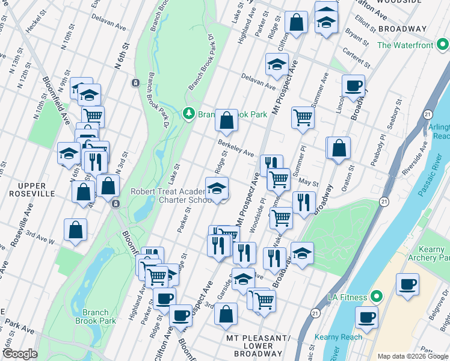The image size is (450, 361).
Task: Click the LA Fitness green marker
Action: (377, 297)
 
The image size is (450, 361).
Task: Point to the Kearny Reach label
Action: (342, 337)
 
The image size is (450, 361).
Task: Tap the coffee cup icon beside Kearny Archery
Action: (407, 285)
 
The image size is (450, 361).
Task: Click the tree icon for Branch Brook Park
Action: (188, 114)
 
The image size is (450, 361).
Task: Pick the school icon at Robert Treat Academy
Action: (217, 188)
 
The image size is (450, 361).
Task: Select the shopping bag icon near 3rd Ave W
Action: (75, 230)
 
